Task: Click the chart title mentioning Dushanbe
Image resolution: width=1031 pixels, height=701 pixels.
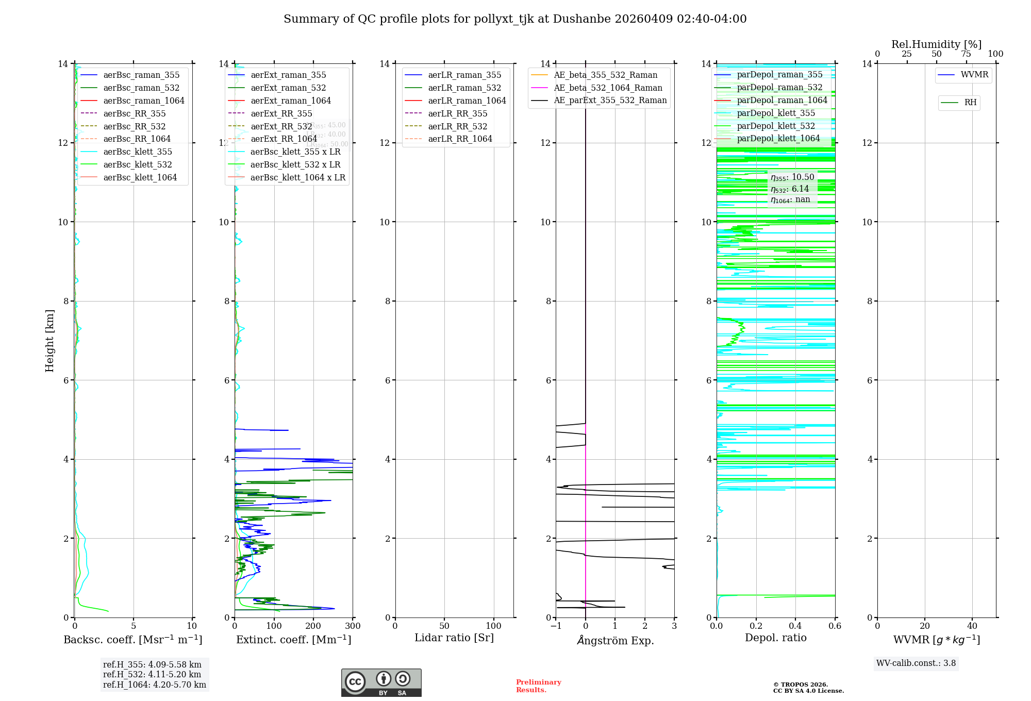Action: pyautogui.click(x=515, y=19)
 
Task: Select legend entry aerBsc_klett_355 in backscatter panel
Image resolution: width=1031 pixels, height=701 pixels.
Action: pyautogui.click(x=138, y=152)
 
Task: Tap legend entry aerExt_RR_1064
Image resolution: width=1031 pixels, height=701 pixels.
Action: pyautogui.click(x=284, y=139)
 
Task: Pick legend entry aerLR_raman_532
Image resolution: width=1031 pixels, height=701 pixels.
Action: pyautogui.click(x=464, y=88)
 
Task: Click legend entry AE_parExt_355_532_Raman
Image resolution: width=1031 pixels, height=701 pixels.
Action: pyautogui.click(x=610, y=100)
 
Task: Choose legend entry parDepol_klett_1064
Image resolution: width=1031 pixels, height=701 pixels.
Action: pyautogui.click(x=778, y=138)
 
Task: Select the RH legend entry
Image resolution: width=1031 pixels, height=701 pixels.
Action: pyautogui.click(x=970, y=103)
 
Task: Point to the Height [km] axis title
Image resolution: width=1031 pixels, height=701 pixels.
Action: pyautogui.click(x=49, y=340)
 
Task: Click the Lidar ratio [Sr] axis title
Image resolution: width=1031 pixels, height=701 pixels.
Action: pyautogui.click(x=454, y=638)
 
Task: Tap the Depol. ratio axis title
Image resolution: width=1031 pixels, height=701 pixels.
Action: pyautogui.click(x=775, y=638)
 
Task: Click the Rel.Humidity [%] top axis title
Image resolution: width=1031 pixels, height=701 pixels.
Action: pyautogui.click(x=936, y=44)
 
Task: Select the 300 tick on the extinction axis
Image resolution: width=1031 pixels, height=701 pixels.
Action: pyautogui.click(x=353, y=626)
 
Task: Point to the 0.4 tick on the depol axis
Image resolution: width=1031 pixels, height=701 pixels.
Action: pyautogui.click(x=795, y=626)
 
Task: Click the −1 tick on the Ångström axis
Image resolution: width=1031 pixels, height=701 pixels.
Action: pyautogui.click(x=556, y=626)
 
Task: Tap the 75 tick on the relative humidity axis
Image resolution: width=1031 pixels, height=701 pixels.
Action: pyautogui.click(x=966, y=54)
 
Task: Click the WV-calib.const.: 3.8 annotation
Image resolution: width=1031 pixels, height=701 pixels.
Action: pyautogui.click(x=916, y=663)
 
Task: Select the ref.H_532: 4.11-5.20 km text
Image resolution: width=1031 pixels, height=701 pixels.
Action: pyautogui.click(x=152, y=674)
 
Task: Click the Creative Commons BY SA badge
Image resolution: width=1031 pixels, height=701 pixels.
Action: pyautogui.click(x=381, y=683)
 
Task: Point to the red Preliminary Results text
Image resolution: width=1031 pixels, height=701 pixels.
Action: pyautogui.click(x=538, y=686)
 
